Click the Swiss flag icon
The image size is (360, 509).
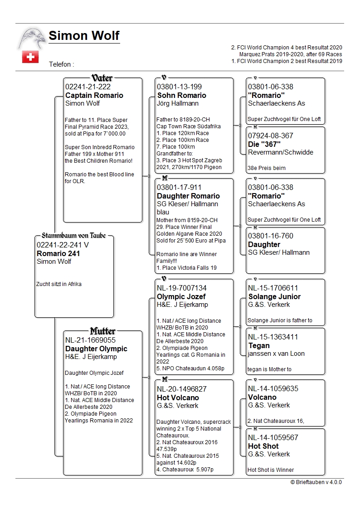point(30,57)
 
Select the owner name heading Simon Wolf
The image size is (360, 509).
point(84,36)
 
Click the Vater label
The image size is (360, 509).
point(102,78)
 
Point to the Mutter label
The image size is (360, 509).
point(102,331)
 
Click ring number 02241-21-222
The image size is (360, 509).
point(88,87)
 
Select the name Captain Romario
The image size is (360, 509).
point(94,95)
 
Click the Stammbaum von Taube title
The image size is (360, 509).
point(73,236)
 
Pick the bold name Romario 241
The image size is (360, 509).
point(58,253)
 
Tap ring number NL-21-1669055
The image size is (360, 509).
point(90,340)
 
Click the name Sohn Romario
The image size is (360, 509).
point(181,95)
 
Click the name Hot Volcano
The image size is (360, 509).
point(178,397)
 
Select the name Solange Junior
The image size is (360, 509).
point(274,296)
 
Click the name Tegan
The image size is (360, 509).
point(259,345)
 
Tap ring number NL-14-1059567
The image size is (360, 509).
point(273,437)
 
